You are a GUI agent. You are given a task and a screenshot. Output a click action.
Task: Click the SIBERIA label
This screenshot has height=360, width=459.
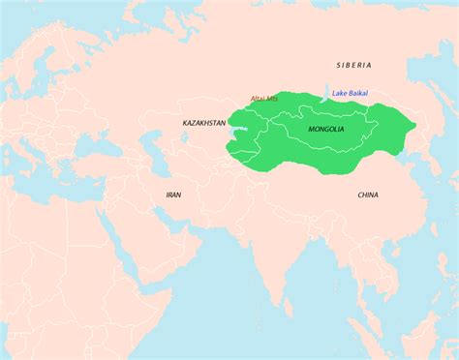click(353, 65)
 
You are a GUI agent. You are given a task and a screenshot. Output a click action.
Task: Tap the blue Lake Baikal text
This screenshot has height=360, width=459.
click(351, 93)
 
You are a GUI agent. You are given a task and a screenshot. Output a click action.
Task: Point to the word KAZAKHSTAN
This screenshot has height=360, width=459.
click(204, 124)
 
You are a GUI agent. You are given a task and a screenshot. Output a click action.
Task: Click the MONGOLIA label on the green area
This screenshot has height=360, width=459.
click(326, 129)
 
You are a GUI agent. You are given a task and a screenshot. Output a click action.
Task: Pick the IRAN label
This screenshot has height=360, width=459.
click(173, 195)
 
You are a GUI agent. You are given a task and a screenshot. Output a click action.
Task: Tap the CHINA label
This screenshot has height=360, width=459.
click(368, 195)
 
